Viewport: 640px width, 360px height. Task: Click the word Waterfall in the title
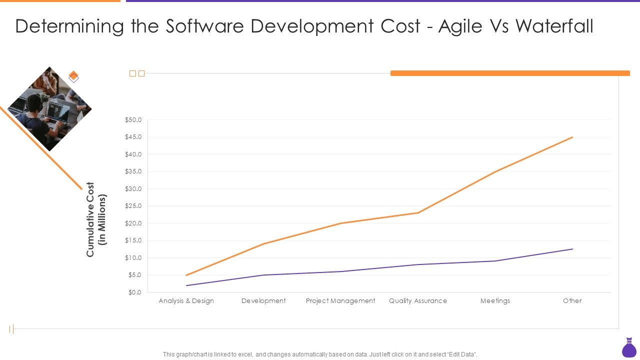coord(554,26)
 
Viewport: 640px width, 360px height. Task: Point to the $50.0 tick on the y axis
coord(133,120)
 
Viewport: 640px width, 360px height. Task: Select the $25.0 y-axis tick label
coord(133,206)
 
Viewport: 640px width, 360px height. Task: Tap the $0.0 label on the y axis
coord(135,292)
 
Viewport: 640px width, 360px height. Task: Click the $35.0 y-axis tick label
coord(133,171)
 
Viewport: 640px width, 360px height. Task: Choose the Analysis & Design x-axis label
coord(186,301)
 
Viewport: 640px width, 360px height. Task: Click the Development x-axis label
coord(263,301)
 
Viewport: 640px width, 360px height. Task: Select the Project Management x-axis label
coord(340,301)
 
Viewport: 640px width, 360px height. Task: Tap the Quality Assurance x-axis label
coord(418,301)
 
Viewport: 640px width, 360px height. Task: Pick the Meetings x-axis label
coord(495,301)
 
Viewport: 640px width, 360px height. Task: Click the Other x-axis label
coord(572,301)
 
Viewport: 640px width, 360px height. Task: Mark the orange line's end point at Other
coord(572,137)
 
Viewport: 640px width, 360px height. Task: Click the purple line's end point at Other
coord(572,249)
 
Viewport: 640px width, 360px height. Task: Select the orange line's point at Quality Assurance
coord(418,213)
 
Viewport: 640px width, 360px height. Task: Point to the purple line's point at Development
coord(263,275)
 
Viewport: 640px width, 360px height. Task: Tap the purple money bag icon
coord(628,348)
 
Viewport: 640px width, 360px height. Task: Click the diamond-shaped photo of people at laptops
coord(49,108)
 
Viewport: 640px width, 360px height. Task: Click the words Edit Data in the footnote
coord(462,354)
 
